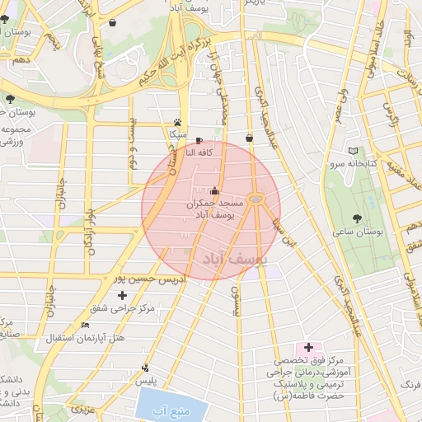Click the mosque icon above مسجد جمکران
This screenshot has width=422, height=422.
point(214,190)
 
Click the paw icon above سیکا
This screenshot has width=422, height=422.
point(177,120)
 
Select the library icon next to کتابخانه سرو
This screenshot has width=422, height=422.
point(353,151)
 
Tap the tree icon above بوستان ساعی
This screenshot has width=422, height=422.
point(356,218)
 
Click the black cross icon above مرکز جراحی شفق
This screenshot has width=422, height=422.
point(123,294)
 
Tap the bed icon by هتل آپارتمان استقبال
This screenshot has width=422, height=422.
point(86,325)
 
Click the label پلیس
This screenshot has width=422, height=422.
point(146,381)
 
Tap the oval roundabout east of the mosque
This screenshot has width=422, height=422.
point(256,199)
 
